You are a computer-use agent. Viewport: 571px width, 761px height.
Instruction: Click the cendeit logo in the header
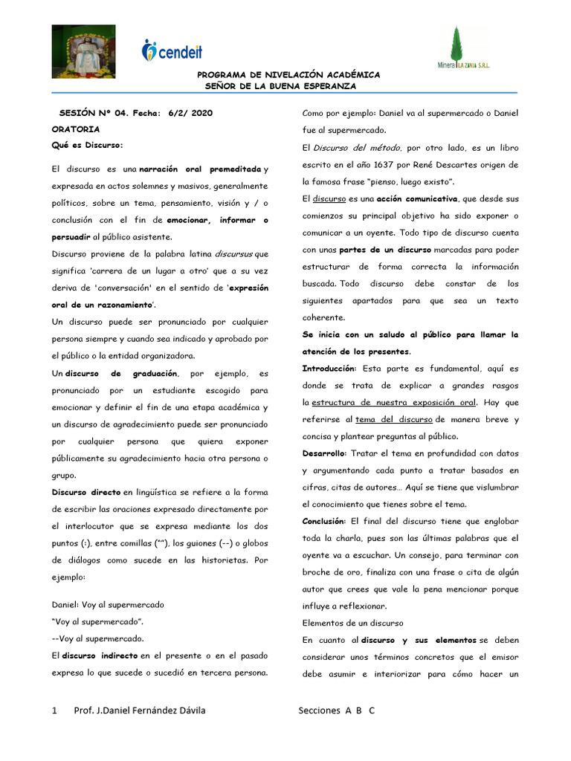pyautogui.click(x=172, y=51)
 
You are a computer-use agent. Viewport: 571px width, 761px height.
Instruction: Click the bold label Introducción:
pyautogui.click(x=329, y=369)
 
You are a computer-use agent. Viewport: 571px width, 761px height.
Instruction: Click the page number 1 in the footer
pyautogui.click(x=55, y=710)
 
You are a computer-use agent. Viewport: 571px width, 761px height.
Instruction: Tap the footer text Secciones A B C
pyautogui.click(x=337, y=710)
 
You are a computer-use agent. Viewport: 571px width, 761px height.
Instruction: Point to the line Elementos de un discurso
pyautogui.click(x=352, y=623)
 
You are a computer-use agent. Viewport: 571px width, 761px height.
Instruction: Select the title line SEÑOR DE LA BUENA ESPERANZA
pyautogui.click(x=280, y=85)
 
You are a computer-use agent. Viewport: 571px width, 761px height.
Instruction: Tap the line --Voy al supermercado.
pyautogui.click(x=98, y=638)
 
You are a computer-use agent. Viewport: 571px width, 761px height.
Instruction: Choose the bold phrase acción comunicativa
pyautogui.click(x=416, y=198)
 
